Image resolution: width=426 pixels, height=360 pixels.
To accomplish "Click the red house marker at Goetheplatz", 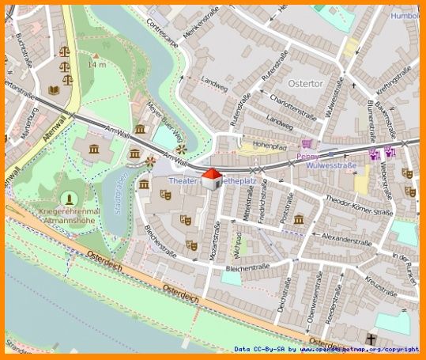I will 211,179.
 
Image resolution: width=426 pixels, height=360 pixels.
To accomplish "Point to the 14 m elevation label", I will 96,65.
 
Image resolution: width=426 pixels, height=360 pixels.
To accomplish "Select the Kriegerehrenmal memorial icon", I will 69,197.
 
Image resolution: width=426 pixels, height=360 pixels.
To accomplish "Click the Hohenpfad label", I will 270,146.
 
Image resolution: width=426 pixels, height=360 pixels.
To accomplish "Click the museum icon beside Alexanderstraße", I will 299,219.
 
